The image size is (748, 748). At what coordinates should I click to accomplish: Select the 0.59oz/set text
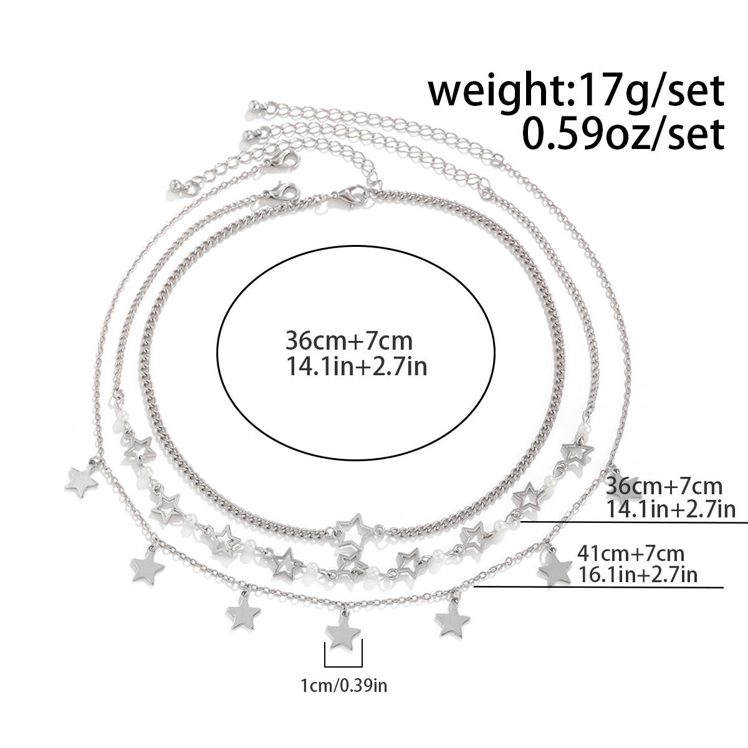coord(623,134)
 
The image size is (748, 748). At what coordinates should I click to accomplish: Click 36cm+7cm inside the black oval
coord(349,341)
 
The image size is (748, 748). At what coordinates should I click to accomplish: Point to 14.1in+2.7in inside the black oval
coord(357,367)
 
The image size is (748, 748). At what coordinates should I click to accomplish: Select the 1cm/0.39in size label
coord(344,686)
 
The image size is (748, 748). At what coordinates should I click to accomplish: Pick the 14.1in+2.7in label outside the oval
coord(671,509)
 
